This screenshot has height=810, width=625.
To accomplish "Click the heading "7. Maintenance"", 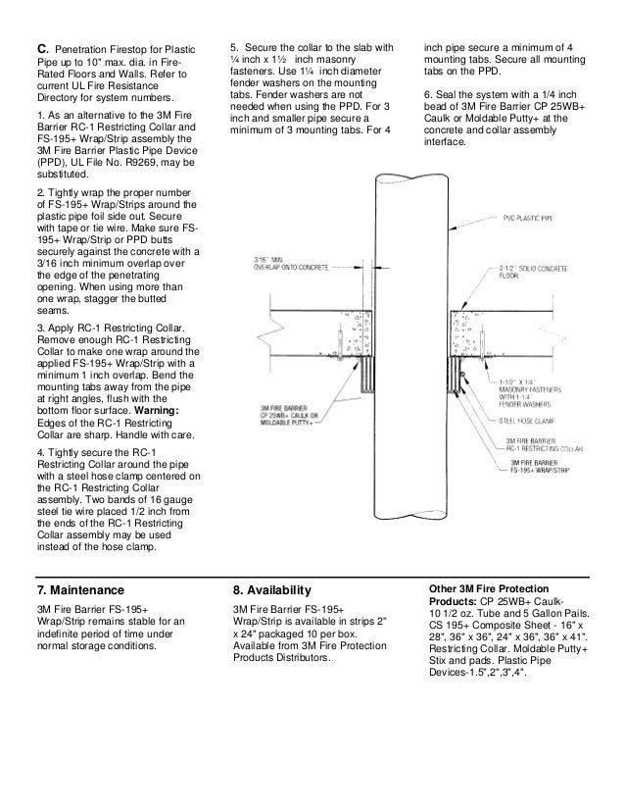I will [79, 590].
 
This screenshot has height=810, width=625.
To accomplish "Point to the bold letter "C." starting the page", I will [42, 48].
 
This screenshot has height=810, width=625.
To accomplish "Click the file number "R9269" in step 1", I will [141, 162].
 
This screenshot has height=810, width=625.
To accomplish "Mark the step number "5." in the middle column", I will [235, 48].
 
